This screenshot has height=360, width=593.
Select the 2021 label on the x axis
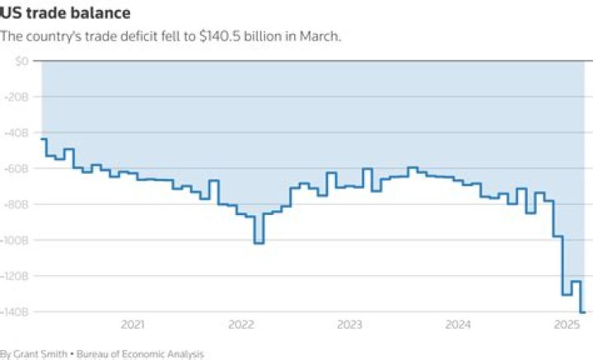click(x=133, y=325)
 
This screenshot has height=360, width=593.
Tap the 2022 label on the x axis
click(x=241, y=325)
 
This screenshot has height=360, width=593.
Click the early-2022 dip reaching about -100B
click(x=259, y=243)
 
